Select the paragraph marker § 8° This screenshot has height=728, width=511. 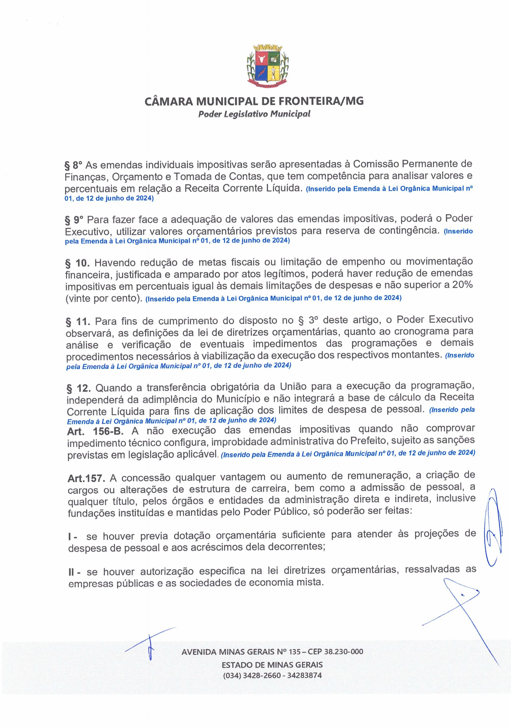coord(73,165)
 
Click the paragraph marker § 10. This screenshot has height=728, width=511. coord(78,263)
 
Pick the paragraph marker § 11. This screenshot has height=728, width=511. coord(78,322)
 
